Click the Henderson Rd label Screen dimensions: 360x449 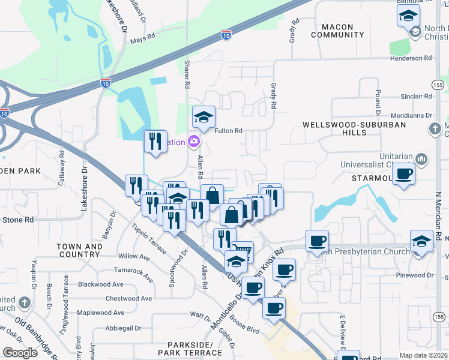[x=411, y=58]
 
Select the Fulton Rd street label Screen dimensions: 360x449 [x=229, y=130]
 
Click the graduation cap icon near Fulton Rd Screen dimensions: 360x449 [x=203, y=116]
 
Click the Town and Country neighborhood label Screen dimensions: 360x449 [x=79, y=250]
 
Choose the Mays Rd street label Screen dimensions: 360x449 [x=143, y=40]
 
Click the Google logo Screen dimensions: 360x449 [x=19, y=352]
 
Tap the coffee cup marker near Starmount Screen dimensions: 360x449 [x=404, y=175]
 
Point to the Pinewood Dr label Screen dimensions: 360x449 [x=414, y=275]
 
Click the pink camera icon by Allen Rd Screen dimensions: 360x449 [x=194, y=142]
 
